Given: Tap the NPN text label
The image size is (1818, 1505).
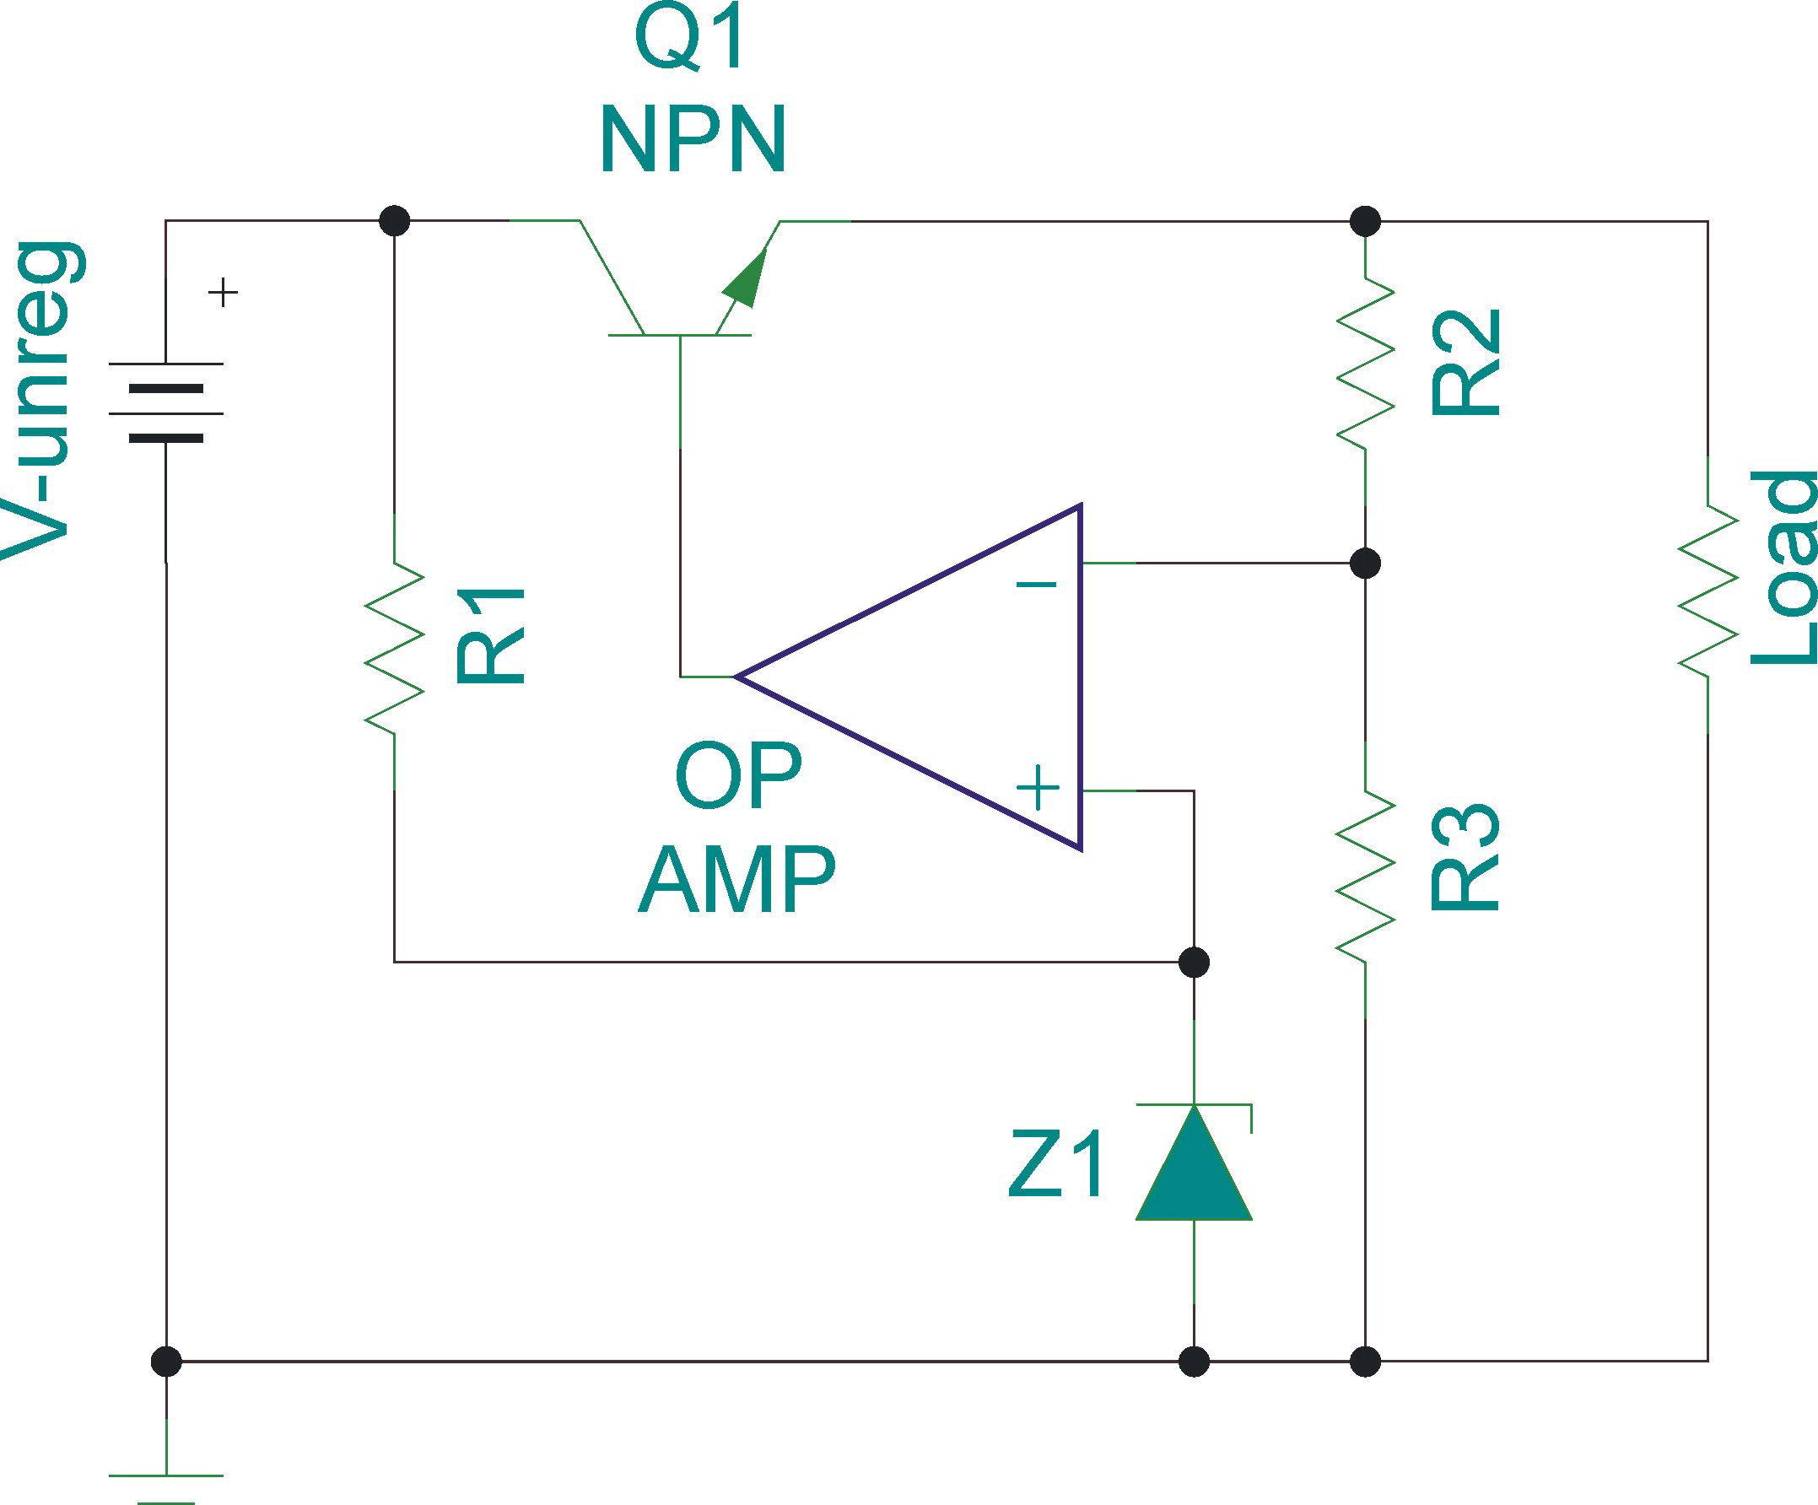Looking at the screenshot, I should tap(693, 138).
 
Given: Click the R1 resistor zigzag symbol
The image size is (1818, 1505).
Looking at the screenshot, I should tap(395, 648).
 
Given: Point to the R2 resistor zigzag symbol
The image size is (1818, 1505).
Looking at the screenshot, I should tap(1365, 363).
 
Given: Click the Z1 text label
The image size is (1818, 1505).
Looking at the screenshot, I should tap(1057, 1165).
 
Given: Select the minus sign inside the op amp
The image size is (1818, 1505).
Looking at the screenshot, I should tap(1036, 585).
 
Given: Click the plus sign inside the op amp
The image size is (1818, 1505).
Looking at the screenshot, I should tap(1037, 788).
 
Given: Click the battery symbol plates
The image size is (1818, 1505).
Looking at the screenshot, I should tap(166, 413).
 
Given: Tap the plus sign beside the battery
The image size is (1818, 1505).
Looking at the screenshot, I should tap(224, 293).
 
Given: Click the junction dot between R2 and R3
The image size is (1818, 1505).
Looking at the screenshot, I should tap(1365, 564).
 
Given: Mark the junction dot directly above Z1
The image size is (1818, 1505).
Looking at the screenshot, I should tap(1194, 962).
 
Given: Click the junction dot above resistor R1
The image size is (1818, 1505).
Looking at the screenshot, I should tap(395, 221).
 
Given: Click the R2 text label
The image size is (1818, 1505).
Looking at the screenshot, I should tap(1465, 363).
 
